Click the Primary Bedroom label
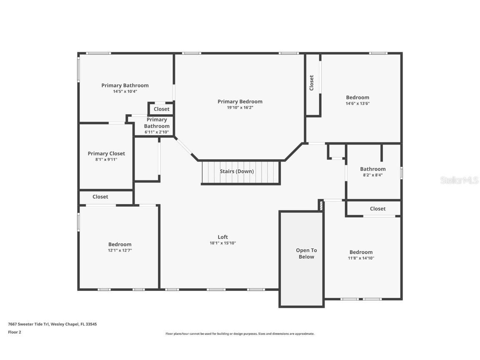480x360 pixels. [x=240, y=102]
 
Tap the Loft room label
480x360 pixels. [x=223, y=237]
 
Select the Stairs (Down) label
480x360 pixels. [x=237, y=171]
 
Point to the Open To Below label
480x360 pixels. [x=306, y=253]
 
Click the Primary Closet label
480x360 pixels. [x=106, y=154]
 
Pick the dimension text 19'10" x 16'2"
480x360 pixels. [x=240, y=108]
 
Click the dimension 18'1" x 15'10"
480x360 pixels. [x=223, y=243]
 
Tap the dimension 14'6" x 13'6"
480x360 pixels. [x=357, y=103]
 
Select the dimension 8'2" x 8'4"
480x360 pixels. [x=373, y=175]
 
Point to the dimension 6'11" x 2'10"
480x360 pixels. [x=157, y=132]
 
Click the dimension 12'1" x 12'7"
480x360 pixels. [x=120, y=250]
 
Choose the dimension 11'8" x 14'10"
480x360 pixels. [x=361, y=258]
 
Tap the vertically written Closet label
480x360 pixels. [x=312, y=82]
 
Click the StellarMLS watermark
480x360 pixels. [x=459, y=180]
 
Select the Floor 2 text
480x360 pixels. [x=15, y=332]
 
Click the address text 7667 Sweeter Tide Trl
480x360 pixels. [x=28, y=324]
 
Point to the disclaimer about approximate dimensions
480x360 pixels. [x=240, y=334]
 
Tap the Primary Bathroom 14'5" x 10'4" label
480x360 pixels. [x=125, y=88]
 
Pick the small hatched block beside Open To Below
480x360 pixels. [x=321, y=205]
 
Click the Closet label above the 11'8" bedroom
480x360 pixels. [x=378, y=209]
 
